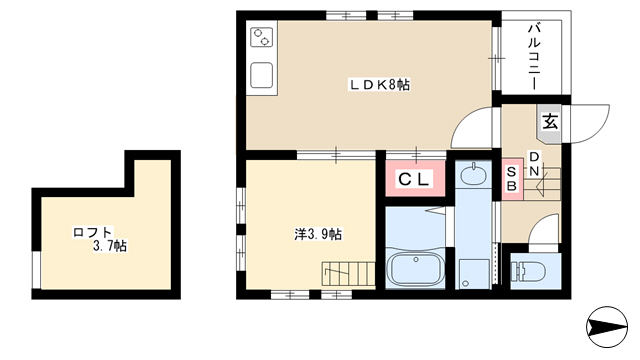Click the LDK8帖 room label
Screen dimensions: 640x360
tap(379, 85)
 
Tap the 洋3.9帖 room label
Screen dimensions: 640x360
tap(318, 234)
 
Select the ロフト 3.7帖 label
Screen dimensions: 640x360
tap(100, 239)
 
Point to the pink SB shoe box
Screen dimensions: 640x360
tap(512, 180)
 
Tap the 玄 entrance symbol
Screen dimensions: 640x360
tap(550, 122)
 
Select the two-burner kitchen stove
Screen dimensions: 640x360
tap(261, 37)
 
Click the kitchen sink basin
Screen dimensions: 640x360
tap(261, 75)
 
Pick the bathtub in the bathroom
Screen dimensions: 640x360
tap(416, 268)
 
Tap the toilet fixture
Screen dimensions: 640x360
tap(530, 269)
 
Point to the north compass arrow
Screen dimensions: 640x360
tap(607, 327)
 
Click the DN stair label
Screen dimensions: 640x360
tap(534, 164)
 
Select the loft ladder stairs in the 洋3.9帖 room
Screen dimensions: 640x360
tap(348, 274)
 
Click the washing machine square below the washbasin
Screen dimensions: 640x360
tap(474, 274)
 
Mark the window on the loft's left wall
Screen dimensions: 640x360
tap(37, 270)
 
